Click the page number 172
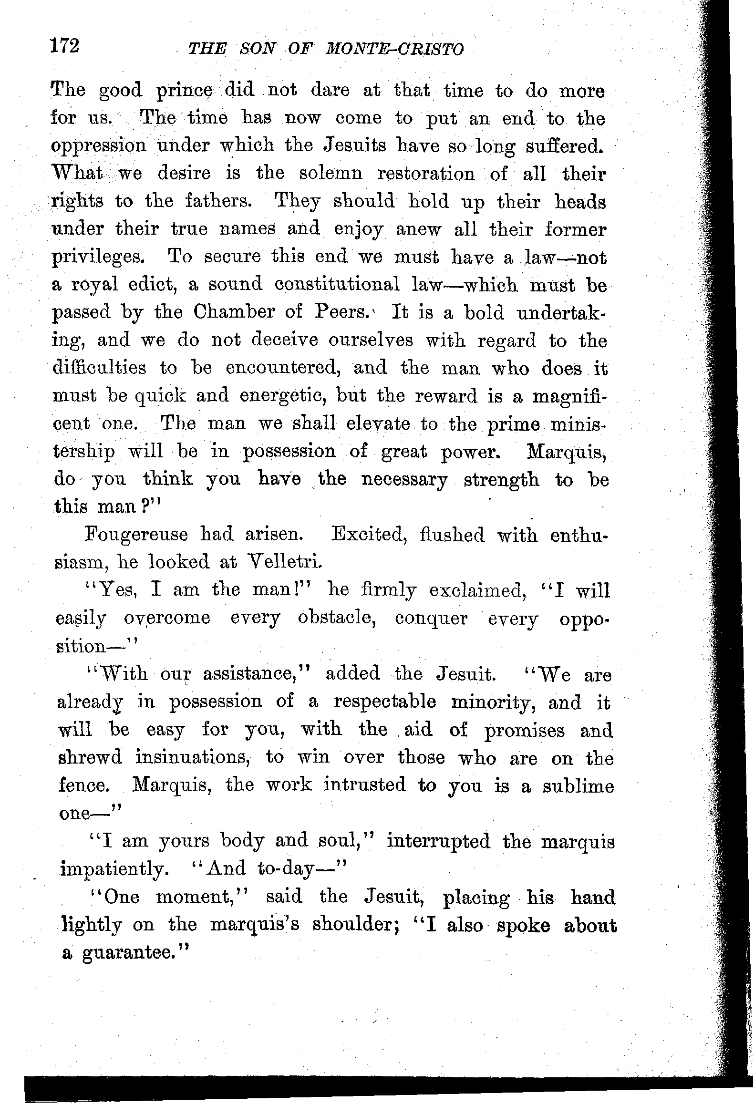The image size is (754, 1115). (x=64, y=47)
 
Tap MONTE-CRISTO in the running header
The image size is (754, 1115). (x=395, y=49)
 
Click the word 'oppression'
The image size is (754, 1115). (x=98, y=146)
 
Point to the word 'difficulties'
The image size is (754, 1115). (x=99, y=368)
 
